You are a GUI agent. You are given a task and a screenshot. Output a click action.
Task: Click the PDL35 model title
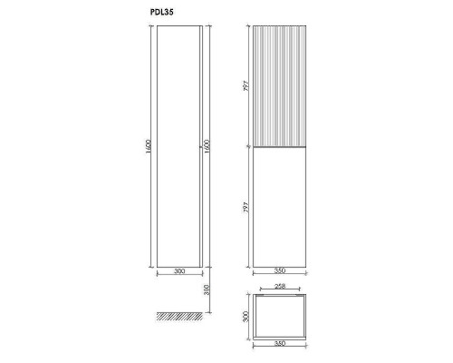pos(161,12)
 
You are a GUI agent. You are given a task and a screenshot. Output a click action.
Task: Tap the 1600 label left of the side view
pos(148,146)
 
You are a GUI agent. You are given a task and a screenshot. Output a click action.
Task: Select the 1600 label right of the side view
pos(207,146)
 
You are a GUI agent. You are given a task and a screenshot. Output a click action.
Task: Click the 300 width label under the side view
pos(179,271)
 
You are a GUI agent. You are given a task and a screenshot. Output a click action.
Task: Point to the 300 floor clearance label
pos(207,290)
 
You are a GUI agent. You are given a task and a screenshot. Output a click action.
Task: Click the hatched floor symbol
pos(179,316)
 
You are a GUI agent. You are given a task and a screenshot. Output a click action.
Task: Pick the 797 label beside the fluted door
pos(246,86)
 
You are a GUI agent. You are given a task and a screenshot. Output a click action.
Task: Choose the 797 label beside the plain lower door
pos(246,208)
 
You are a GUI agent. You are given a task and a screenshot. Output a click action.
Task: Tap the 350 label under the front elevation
pos(280,270)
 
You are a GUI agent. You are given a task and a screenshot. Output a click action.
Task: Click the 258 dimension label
pos(280,286)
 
